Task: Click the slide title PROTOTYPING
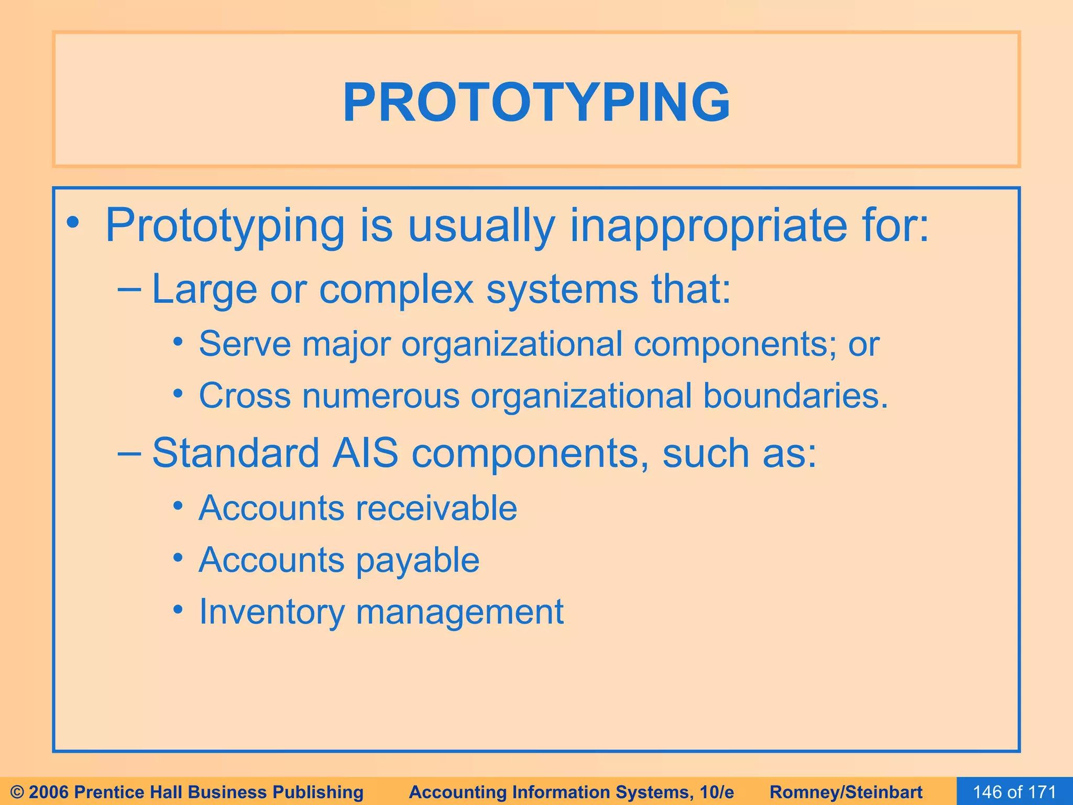pos(536,102)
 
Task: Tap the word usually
pos(481,226)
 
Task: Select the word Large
pos(204,290)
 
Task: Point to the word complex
pos(396,290)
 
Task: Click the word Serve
pos(245,344)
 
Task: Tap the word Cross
pos(245,396)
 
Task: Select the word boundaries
pos(795,396)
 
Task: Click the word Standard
pos(235,453)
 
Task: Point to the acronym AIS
pos(365,453)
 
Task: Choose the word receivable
pos(436,508)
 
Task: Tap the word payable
pos(418,560)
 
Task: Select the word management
pos(459,612)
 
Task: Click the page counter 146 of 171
pos(1014,792)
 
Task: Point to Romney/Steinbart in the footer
pos(846,792)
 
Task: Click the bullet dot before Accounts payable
pos(179,558)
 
